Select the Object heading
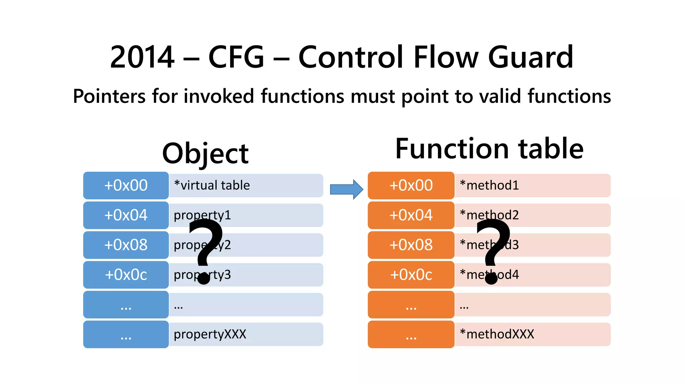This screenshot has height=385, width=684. click(x=205, y=154)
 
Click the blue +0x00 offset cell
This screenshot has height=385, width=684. click(x=126, y=185)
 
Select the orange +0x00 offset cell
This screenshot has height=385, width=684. click(x=411, y=185)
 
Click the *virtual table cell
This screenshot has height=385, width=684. click(x=246, y=185)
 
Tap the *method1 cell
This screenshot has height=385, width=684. click(x=532, y=185)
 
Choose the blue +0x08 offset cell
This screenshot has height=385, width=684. click(x=126, y=245)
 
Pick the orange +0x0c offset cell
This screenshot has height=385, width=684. click(x=411, y=275)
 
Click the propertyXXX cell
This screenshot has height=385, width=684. click(x=246, y=334)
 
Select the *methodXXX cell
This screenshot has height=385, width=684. click(x=532, y=334)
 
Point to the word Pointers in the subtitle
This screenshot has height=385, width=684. click(x=109, y=97)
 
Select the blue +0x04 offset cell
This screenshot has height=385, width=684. click(x=126, y=215)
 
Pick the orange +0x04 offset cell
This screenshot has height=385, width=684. click(x=411, y=215)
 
